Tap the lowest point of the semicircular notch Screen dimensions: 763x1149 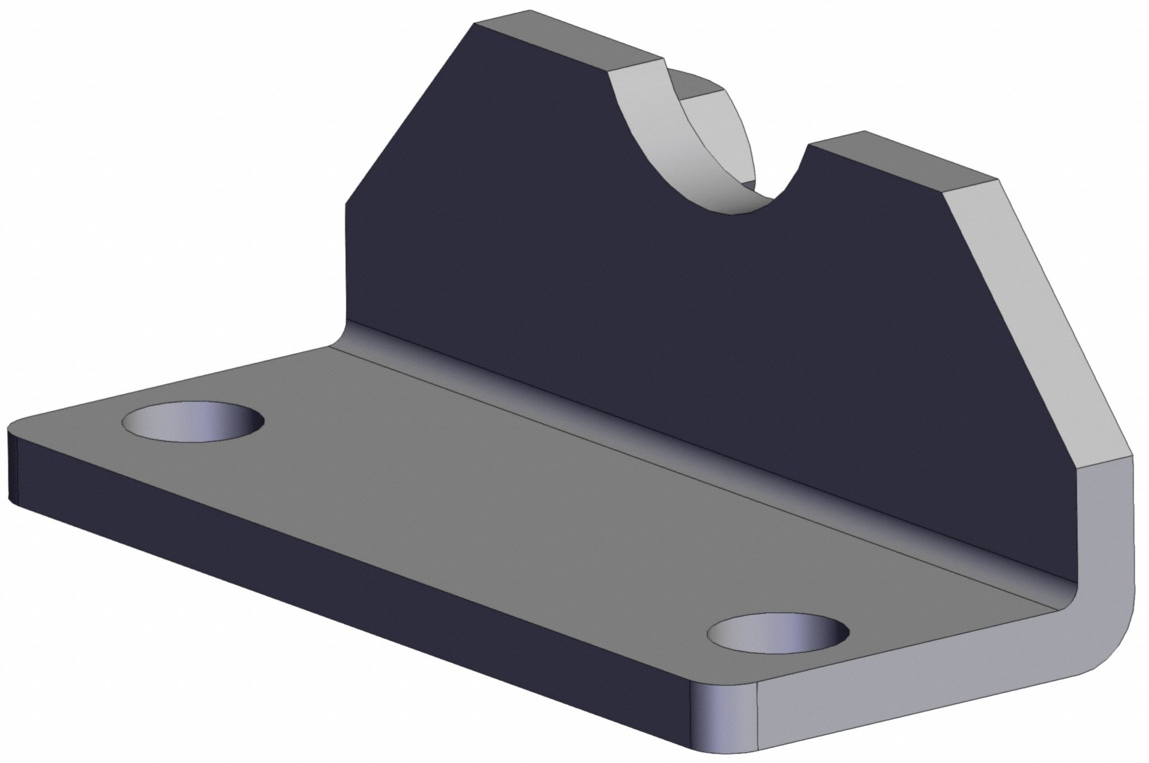[x=747, y=214]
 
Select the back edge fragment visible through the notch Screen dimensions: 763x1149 [x=698, y=86]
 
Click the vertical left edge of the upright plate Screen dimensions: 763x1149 [x=345, y=264]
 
